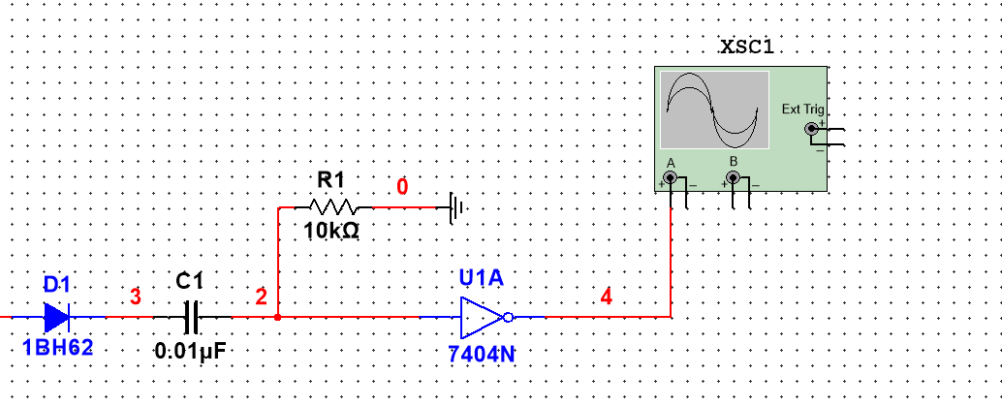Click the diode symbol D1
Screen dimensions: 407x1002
57,316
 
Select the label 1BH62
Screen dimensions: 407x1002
58,347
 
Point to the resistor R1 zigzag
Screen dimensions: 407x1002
332,206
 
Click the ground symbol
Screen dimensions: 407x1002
456,206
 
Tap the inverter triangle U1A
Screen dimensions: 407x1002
482,316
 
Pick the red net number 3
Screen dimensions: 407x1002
135,297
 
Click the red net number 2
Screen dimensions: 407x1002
261,297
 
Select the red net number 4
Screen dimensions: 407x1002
607,297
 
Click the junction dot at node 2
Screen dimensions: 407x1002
278,316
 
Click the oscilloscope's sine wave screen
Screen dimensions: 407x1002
714,110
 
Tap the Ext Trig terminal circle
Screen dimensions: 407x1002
811,129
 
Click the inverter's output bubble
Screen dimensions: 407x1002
509,316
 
